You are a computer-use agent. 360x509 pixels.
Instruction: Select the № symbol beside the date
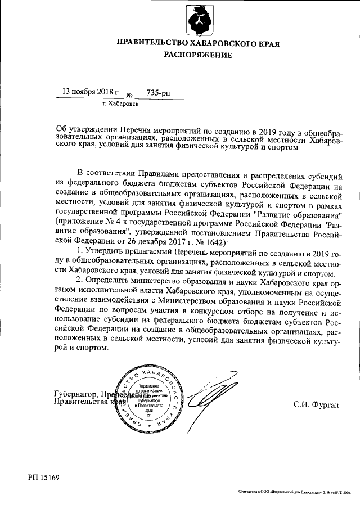pyautogui.click(x=130, y=95)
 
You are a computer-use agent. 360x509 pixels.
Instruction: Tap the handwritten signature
pyautogui.click(x=216, y=397)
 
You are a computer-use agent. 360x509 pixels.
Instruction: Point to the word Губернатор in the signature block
pyautogui.click(x=74, y=394)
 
